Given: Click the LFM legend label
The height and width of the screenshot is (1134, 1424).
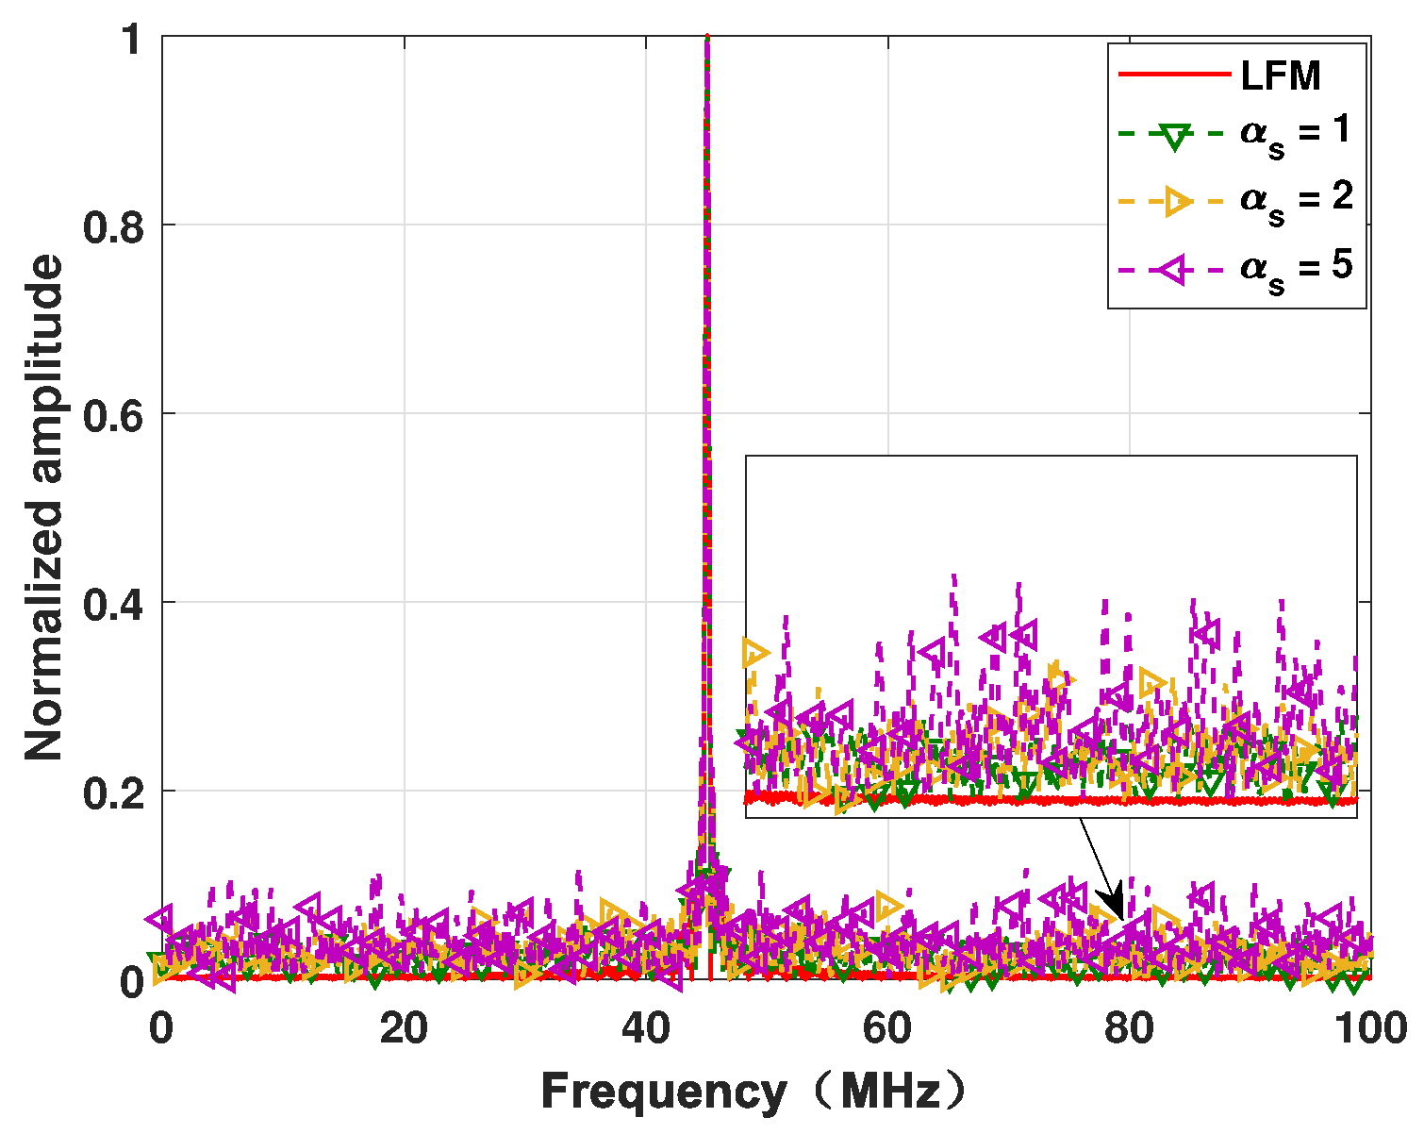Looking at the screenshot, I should point(1281,75).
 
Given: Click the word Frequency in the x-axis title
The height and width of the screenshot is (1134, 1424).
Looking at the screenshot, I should point(663,1092).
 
